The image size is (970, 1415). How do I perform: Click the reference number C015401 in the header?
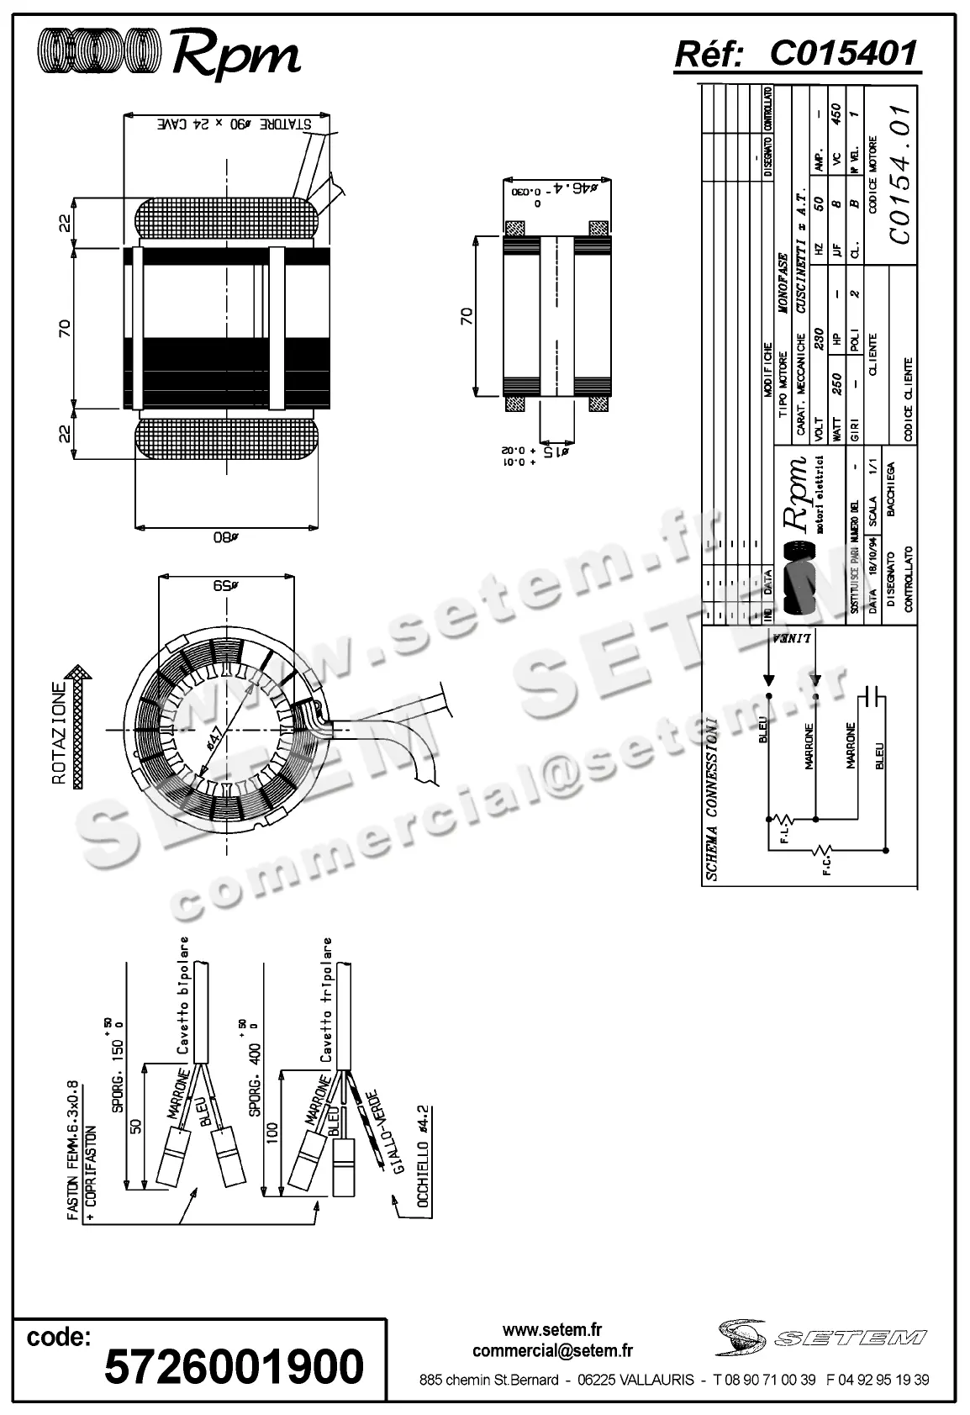pyautogui.click(x=842, y=54)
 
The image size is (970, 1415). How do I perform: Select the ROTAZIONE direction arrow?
pyautogui.click(x=79, y=726)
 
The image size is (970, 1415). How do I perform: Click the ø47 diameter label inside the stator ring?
pyautogui.click(x=216, y=740)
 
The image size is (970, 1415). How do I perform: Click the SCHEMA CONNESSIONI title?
pyautogui.click(x=712, y=799)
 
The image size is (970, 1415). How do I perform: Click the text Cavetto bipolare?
pyautogui.click(x=182, y=995)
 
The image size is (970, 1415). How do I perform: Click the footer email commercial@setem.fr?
pyautogui.click(x=552, y=1351)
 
